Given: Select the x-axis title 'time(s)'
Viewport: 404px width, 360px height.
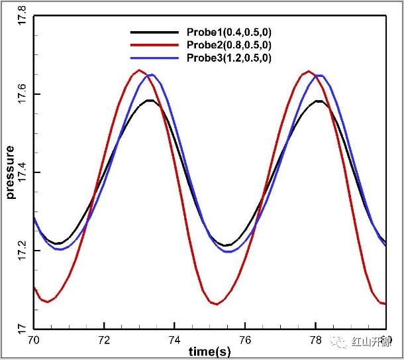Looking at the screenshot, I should pos(209,351).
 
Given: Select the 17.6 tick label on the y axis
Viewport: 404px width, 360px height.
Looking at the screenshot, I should pos(21,95).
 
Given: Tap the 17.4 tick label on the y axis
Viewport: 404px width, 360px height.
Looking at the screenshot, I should pos(21,173).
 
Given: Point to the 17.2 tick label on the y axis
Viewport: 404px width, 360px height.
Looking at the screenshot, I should pos(21,251).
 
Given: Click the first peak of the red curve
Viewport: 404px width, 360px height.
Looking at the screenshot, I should pos(139,70).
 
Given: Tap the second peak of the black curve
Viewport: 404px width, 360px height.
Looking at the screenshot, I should pos(319,101).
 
